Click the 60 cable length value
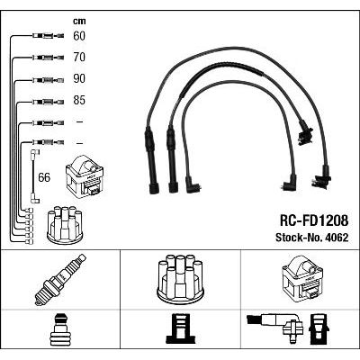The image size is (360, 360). (x=79, y=36)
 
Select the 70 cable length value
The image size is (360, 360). (x=79, y=57)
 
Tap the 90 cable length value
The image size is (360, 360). (x=79, y=78)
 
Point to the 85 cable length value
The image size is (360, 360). (x=79, y=100)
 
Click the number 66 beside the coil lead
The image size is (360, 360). (x=44, y=177)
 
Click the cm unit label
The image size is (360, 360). (x=79, y=21)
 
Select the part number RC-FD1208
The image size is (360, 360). (x=314, y=220)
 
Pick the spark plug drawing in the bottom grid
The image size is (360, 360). (x=60, y=280)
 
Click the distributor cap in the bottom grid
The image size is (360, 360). (x=180, y=278)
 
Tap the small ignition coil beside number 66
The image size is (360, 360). (x=85, y=176)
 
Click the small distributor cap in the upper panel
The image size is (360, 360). (x=65, y=224)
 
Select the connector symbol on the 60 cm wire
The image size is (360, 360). (x=48, y=36)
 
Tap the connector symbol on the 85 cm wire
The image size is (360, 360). (x=48, y=102)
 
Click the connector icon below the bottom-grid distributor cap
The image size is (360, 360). (x=179, y=329)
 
